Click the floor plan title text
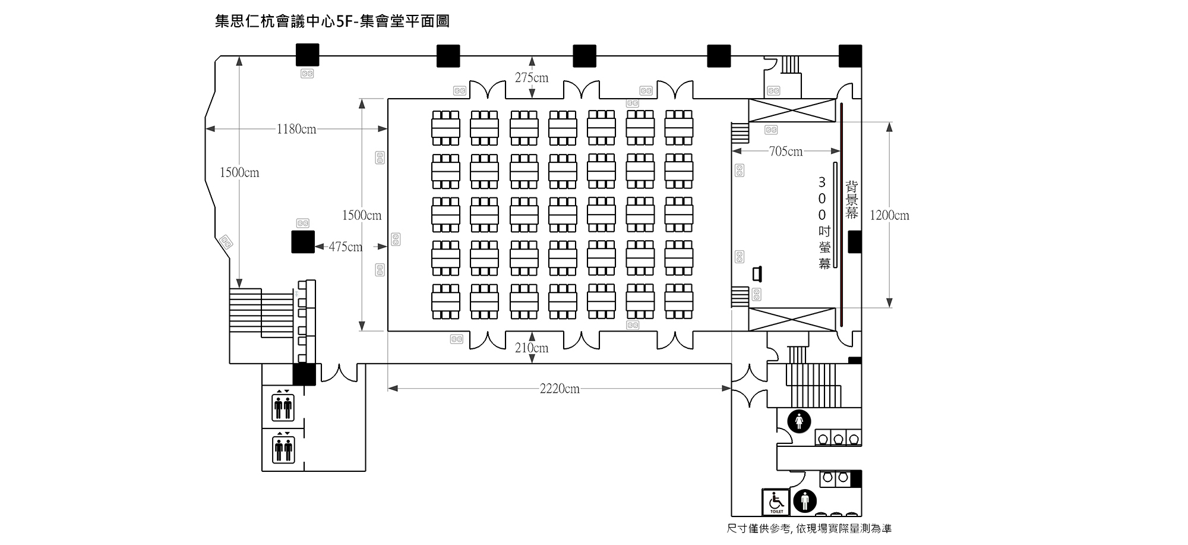coord(332,21)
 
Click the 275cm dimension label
coord(532,78)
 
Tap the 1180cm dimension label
coord(296,129)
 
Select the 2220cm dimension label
coord(560,389)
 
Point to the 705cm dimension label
coord(786,152)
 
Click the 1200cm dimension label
coord(889,215)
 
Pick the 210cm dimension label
coord(532,348)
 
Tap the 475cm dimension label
coord(346,247)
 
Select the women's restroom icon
coord(799,421)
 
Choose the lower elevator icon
coord(283,448)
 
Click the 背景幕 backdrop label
coord(852,200)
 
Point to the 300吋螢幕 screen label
coord(823,223)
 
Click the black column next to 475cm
coord(303,242)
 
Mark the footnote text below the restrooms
coord(809,528)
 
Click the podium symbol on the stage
coord(757,274)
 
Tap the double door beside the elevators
coord(339,373)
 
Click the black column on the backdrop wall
coord(854,242)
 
